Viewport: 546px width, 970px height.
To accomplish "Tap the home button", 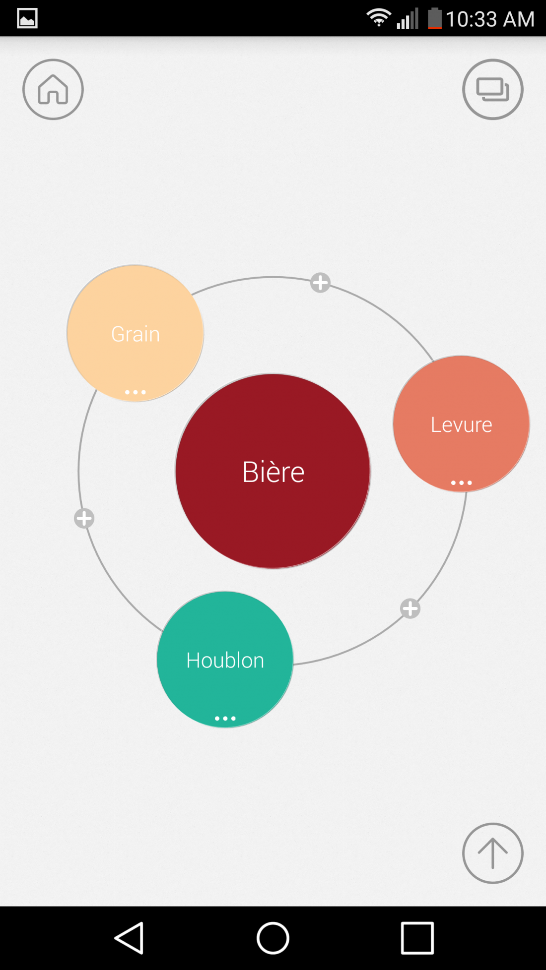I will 53,89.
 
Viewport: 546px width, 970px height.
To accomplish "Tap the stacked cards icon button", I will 492,89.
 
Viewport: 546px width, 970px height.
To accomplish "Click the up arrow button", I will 492,853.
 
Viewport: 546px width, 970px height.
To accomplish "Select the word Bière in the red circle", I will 273,472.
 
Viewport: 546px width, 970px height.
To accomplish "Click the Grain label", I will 136,334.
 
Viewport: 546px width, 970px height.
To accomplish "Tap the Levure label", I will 461,425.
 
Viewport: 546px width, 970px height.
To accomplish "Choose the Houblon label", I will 225,661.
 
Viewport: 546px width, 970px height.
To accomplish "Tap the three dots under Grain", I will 136,392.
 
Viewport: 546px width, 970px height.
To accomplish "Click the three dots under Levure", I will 461,483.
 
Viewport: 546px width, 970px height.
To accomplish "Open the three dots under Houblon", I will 225,718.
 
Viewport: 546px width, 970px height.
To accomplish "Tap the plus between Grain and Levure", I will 320,283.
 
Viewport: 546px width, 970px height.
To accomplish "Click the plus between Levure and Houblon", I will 410,608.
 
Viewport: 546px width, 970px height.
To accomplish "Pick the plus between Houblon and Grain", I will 84,518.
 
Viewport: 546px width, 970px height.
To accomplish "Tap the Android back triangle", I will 130,938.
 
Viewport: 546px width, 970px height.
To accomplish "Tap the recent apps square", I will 417,938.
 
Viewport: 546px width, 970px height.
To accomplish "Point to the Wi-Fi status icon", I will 378,18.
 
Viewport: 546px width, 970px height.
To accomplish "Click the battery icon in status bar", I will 434,18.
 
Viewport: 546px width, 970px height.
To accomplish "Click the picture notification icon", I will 27,18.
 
